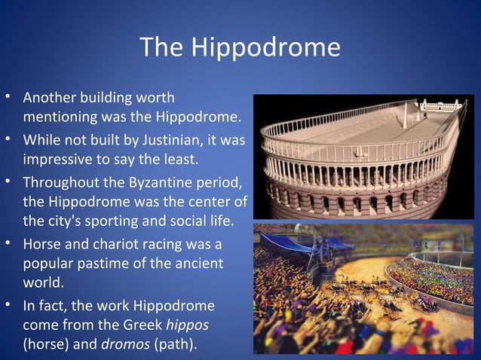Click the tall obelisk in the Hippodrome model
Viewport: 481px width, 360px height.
point(406,113)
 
